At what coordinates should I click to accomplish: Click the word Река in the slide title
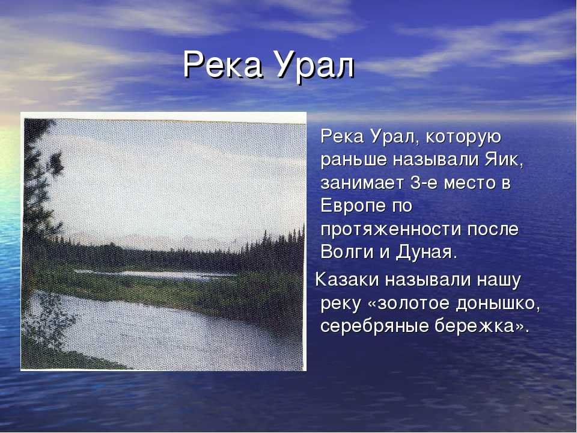223,65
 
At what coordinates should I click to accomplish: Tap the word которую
463,137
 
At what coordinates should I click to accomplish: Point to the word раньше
354,160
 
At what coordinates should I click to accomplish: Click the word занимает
362,183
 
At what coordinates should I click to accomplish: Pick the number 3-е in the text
424,183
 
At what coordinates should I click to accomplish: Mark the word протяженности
391,230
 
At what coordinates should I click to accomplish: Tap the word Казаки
347,280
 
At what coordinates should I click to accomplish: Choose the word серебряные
374,326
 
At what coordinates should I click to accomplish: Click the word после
493,230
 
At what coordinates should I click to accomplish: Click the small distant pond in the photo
154,274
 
